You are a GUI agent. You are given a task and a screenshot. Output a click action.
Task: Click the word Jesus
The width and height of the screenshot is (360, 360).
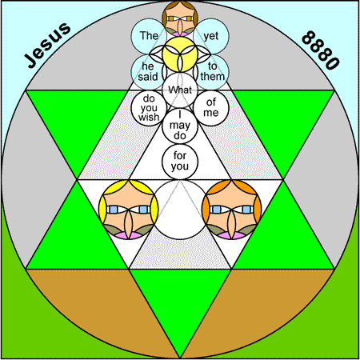click(47, 45)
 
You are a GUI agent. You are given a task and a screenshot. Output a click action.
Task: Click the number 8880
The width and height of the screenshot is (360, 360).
click(321, 50)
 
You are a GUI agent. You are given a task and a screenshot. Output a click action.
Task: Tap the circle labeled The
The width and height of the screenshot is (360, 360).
click(149, 36)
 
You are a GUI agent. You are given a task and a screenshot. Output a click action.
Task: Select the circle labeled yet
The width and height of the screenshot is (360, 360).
click(211, 36)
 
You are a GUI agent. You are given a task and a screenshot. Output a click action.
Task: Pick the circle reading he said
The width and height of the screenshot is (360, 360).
click(148, 72)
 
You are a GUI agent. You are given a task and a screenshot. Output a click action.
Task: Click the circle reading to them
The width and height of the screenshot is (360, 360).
click(212, 72)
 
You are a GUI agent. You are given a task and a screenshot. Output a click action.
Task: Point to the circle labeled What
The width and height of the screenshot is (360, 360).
click(180, 90)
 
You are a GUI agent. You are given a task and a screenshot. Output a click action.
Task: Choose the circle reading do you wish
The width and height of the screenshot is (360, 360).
click(149, 108)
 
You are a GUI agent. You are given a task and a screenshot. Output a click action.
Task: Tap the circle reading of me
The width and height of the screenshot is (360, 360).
click(211, 108)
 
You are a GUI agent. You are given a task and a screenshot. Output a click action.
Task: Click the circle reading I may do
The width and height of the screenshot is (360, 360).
click(180, 126)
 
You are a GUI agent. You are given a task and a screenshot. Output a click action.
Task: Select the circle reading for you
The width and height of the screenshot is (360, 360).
click(180, 162)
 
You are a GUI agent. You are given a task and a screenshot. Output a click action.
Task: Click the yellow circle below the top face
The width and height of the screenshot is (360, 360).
click(180, 54)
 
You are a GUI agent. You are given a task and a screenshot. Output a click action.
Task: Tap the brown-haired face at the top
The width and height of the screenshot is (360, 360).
click(180, 18)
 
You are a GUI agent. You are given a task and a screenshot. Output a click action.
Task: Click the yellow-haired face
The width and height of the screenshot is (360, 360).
click(129, 210)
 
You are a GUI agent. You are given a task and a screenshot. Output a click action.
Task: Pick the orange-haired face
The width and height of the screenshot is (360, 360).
click(232, 210)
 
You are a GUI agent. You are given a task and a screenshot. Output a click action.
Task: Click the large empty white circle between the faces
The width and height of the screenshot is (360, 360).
click(180, 210)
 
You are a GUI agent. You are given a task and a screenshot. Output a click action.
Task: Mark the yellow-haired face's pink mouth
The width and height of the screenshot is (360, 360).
click(129, 235)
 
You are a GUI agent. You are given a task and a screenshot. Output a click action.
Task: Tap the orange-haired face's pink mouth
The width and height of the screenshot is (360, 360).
click(232, 235)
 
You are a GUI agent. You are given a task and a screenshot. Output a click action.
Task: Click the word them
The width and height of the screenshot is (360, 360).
click(213, 77)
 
